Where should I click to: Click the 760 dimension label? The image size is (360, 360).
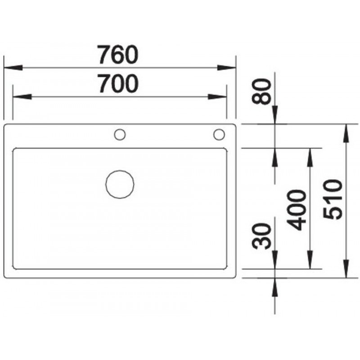click(x=118, y=54)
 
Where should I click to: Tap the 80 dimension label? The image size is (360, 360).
click(x=261, y=92)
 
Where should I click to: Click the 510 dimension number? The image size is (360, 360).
click(x=333, y=199)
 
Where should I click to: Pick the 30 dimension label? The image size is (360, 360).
click(x=261, y=236)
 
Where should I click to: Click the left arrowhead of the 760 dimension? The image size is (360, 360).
click(x=13, y=68)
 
